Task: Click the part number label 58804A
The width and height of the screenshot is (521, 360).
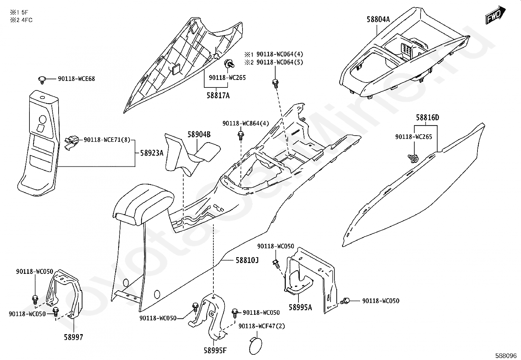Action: [x=378, y=19]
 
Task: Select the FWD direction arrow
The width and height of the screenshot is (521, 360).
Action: [x=496, y=15]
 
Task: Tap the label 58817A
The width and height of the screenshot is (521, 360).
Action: [x=218, y=96]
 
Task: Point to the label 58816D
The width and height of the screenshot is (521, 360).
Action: [x=427, y=118]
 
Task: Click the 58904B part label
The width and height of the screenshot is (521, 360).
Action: [x=199, y=134]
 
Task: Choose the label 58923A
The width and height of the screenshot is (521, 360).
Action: [x=152, y=153]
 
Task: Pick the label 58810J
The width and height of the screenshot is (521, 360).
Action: [x=247, y=260]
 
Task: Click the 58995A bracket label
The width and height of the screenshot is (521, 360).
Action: [x=300, y=307]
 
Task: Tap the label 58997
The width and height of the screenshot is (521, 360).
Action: [x=73, y=337]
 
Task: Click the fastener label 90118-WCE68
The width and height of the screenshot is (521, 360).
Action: [x=77, y=79]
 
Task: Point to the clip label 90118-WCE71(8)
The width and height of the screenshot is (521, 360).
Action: [x=107, y=140]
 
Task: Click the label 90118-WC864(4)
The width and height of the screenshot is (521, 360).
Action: [x=245, y=123]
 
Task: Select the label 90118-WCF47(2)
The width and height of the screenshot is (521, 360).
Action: [x=262, y=326]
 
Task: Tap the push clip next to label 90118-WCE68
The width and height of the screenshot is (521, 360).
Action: [x=42, y=79]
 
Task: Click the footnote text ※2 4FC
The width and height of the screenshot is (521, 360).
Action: [x=21, y=20]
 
